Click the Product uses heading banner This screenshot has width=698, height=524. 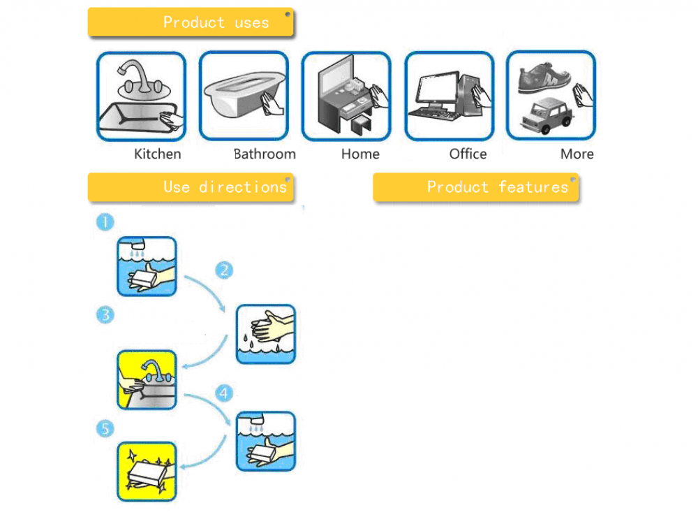[x=190, y=22]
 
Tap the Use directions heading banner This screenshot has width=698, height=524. [x=190, y=187]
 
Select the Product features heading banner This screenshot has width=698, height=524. [x=476, y=187]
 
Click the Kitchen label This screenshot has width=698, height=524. [x=157, y=154]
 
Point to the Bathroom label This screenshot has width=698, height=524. [x=265, y=154]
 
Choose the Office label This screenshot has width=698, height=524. [x=468, y=154]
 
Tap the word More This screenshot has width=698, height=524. [x=577, y=154]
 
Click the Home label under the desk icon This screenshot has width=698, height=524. [x=360, y=154]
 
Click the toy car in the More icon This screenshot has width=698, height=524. [x=546, y=115]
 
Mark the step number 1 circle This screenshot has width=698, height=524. [x=105, y=223]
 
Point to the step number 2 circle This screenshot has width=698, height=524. [x=223, y=270]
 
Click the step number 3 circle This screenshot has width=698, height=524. [x=105, y=315]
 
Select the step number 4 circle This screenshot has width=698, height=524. [x=223, y=393]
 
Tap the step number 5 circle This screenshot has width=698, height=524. [x=105, y=428]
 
